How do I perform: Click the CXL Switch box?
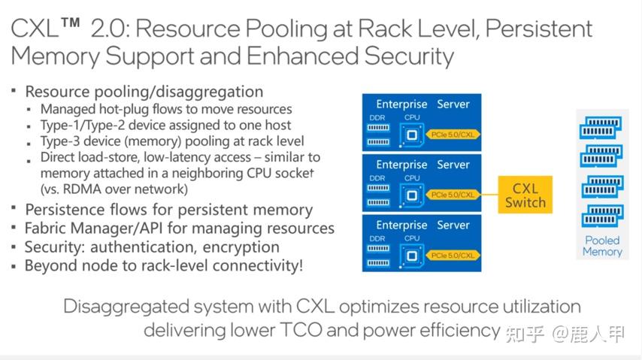click(525, 194)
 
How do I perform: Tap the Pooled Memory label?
click(602, 246)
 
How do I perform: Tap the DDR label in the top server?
click(377, 117)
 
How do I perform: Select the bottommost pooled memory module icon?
click(601, 215)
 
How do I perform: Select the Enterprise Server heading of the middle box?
click(422, 165)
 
